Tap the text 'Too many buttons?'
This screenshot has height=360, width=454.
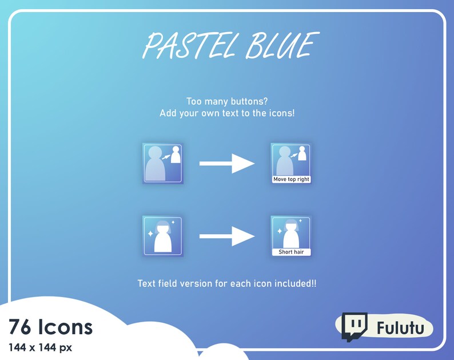227,101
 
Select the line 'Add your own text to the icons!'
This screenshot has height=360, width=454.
227,113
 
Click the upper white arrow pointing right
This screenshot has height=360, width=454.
226,164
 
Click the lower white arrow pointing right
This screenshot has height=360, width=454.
226,236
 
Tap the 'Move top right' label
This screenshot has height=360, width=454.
291,179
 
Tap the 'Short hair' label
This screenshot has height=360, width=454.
291,252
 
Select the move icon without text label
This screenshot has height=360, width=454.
162,164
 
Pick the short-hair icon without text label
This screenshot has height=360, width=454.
162,236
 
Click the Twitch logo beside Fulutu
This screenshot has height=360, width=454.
354,326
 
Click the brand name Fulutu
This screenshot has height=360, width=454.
400,329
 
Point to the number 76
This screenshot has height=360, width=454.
20,327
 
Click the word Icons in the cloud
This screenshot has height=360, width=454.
65,327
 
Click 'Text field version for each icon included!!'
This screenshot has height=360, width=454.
227,283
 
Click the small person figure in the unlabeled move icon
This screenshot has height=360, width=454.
176,155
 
